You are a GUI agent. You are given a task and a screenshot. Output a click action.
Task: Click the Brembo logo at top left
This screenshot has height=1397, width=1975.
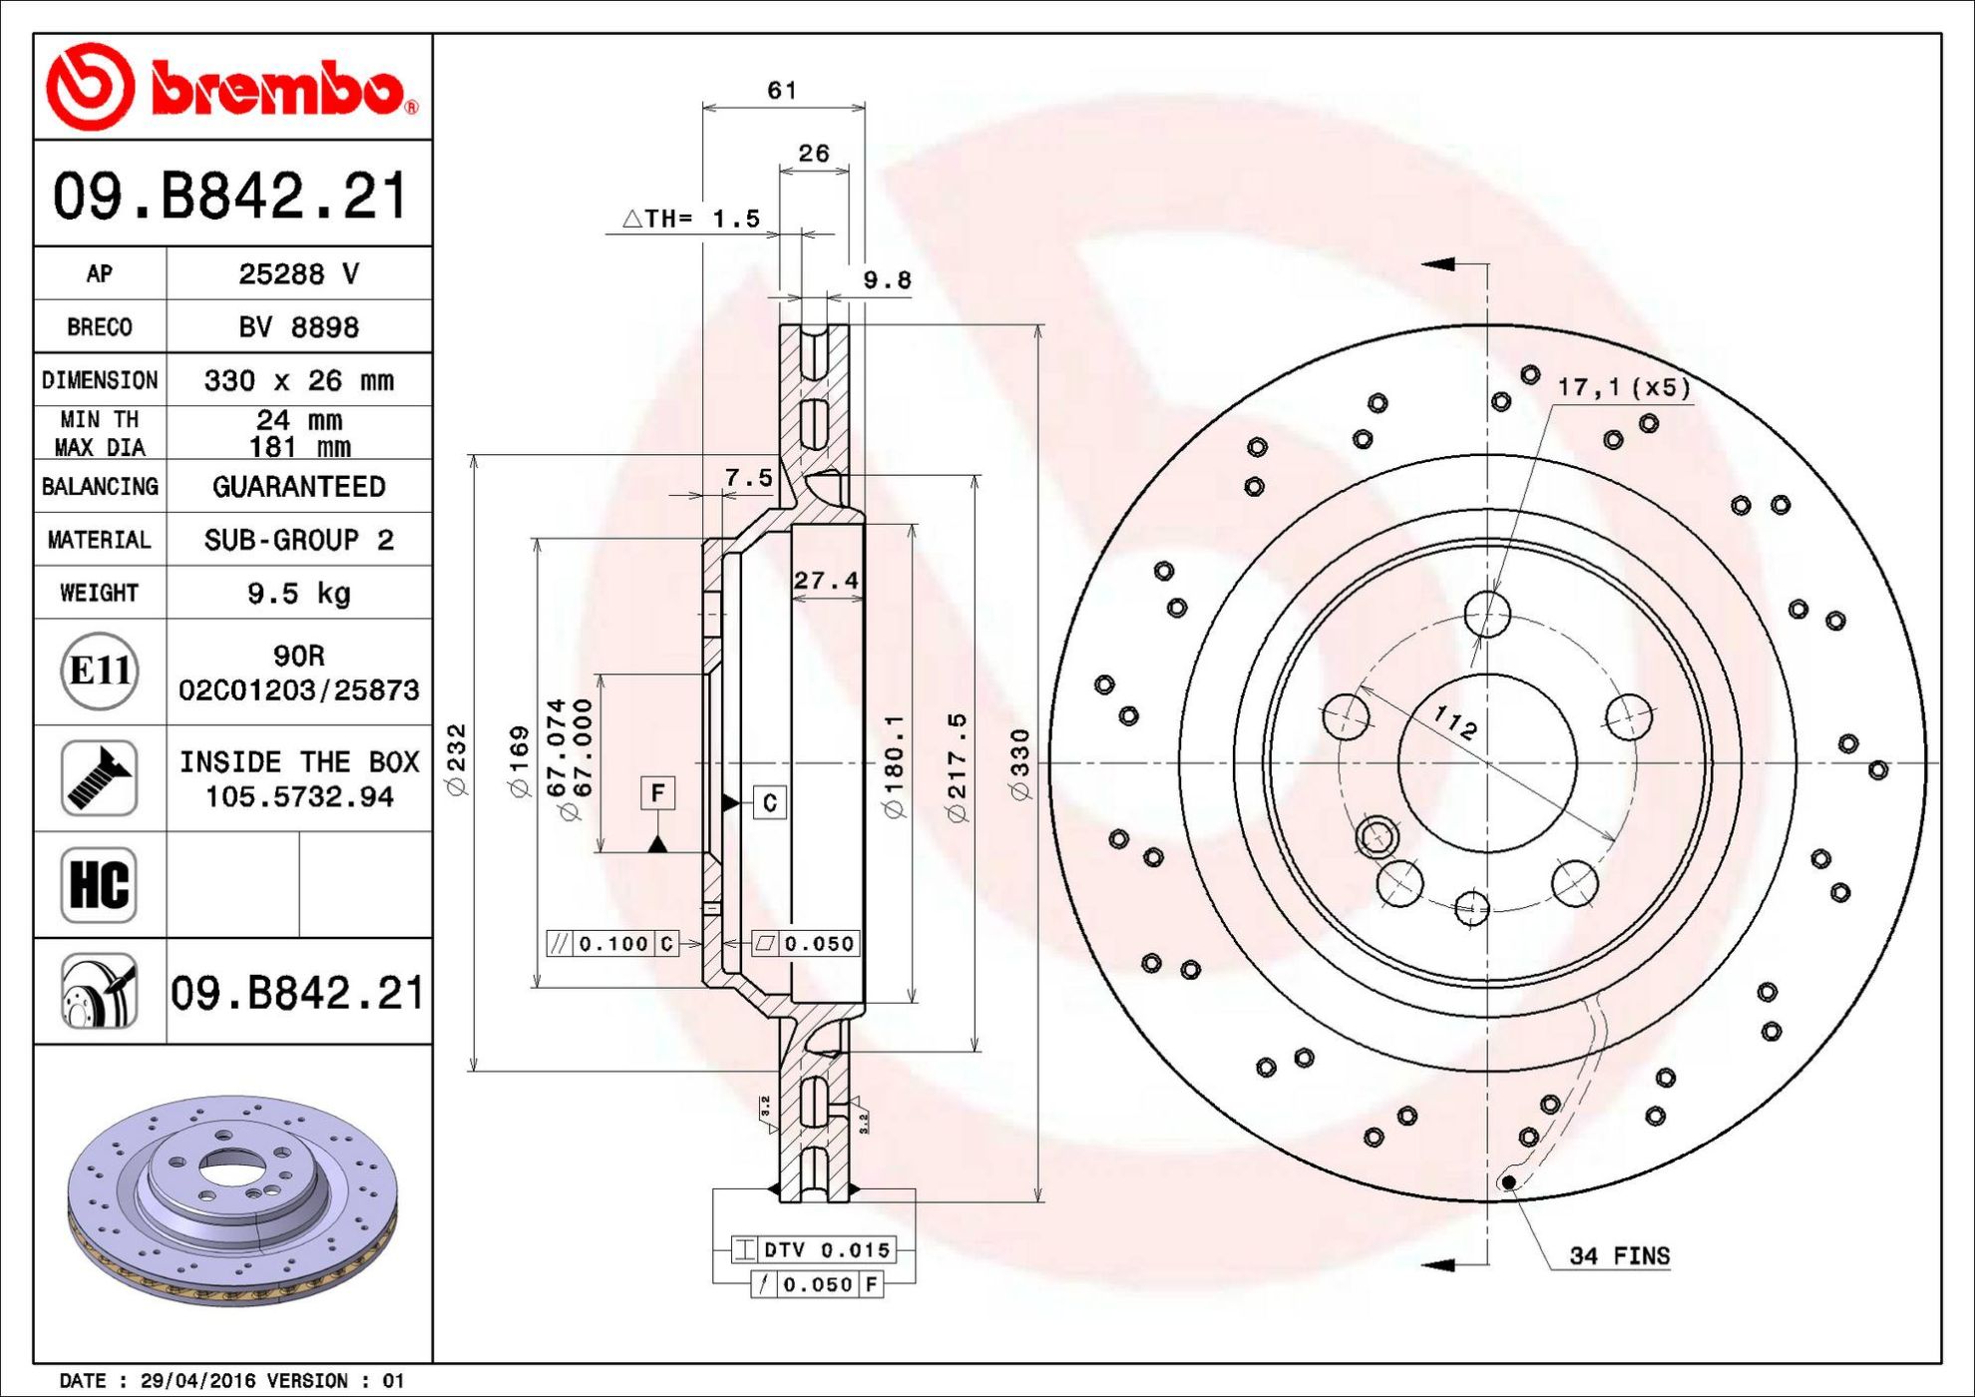[x=232, y=87]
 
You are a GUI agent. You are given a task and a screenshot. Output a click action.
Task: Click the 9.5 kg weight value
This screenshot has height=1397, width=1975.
[x=299, y=594]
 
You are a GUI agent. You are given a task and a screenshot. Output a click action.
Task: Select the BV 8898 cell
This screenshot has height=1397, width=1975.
[x=298, y=327]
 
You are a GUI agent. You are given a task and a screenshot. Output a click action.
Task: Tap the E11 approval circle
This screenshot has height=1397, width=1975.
[x=99, y=671]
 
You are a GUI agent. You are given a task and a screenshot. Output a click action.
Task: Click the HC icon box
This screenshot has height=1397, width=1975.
[x=99, y=884]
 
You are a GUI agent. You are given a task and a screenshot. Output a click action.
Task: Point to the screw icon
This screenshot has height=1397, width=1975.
[x=99, y=778]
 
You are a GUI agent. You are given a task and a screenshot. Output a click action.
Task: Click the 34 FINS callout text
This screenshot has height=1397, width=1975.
[x=1619, y=1255]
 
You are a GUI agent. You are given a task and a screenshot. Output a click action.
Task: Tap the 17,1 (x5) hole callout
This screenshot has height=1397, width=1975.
[x=1625, y=387]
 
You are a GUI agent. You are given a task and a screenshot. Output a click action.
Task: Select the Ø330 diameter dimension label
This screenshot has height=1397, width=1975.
[x=1019, y=764]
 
